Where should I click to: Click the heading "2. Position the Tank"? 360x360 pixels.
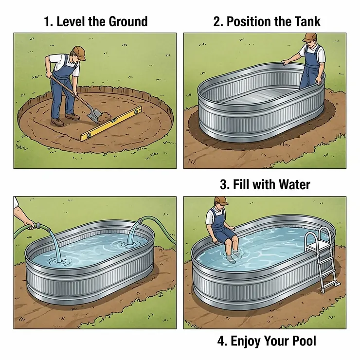point(267,21)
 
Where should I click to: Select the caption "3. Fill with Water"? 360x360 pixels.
point(265,185)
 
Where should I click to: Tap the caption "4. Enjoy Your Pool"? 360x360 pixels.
point(267,341)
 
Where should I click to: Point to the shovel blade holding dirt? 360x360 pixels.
point(94,115)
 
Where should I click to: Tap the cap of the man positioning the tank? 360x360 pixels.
point(310,37)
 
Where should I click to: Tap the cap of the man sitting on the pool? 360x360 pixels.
point(221,200)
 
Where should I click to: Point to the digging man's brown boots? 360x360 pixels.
point(66,120)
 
